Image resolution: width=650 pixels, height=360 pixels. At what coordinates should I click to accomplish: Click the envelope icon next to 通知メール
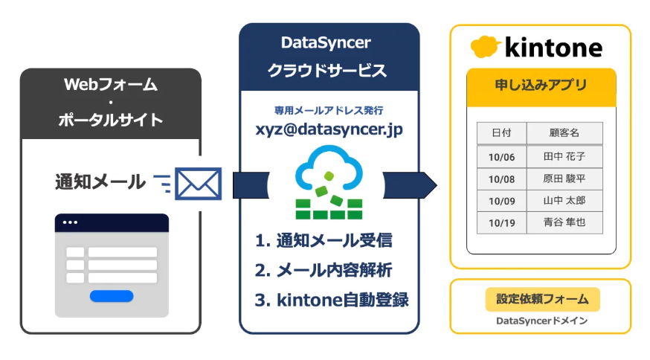tap(198, 183)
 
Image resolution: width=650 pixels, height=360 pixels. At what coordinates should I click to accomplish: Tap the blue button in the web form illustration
tap(111, 296)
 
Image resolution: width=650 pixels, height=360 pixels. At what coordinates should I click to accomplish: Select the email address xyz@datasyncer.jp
tap(328, 129)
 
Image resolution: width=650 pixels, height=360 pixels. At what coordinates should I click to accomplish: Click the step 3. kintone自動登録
tap(332, 299)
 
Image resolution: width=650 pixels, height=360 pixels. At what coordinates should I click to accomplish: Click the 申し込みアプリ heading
tap(541, 85)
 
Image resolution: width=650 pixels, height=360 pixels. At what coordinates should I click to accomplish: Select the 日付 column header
tap(501, 133)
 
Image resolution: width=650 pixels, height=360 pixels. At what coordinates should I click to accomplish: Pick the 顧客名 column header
tap(564, 133)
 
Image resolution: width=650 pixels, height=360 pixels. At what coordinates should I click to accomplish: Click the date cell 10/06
tap(501, 157)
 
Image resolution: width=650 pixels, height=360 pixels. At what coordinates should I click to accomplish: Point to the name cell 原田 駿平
tap(564, 179)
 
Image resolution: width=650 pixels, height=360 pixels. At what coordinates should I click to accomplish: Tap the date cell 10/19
tap(501, 222)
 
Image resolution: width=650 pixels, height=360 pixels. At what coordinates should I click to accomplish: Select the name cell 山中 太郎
tap(564, 200)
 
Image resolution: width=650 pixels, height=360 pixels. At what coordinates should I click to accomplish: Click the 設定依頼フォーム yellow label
tap(542, 299)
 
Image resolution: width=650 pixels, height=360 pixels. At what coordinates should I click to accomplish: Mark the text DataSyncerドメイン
tap(542, 321)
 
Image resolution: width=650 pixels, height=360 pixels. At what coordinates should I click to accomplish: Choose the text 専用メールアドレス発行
tap(328, 110)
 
